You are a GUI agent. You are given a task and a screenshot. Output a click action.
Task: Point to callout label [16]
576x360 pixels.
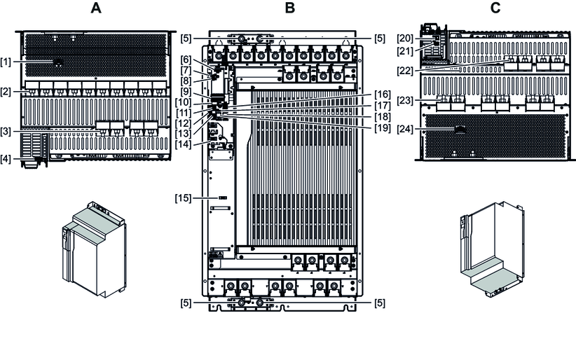tap(383, 93)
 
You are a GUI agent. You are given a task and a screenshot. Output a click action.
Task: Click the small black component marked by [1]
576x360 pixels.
tap(57, 62)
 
